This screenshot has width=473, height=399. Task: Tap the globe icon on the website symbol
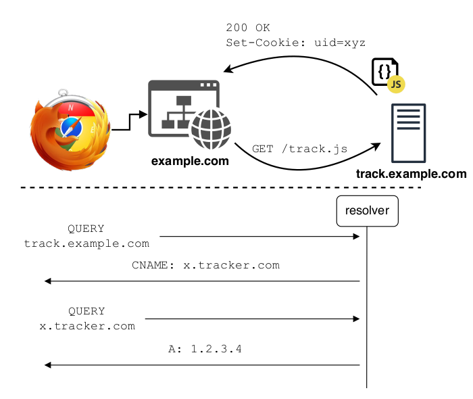[211, 130]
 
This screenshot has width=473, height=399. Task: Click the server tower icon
[409, 133]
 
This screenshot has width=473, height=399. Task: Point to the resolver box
[367, 211]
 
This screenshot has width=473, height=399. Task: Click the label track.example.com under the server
[411, 174]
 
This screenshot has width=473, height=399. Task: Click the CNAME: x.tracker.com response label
[205, 265]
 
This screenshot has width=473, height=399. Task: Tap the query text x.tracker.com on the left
[86, 325]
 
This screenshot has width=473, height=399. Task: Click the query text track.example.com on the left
[86, 243]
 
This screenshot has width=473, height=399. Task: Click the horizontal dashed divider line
[223, 187]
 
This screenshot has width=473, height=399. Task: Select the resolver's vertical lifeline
[367, 304]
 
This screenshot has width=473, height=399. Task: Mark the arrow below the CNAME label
[203, 281]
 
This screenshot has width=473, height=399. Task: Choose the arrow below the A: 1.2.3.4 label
[203, 365]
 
